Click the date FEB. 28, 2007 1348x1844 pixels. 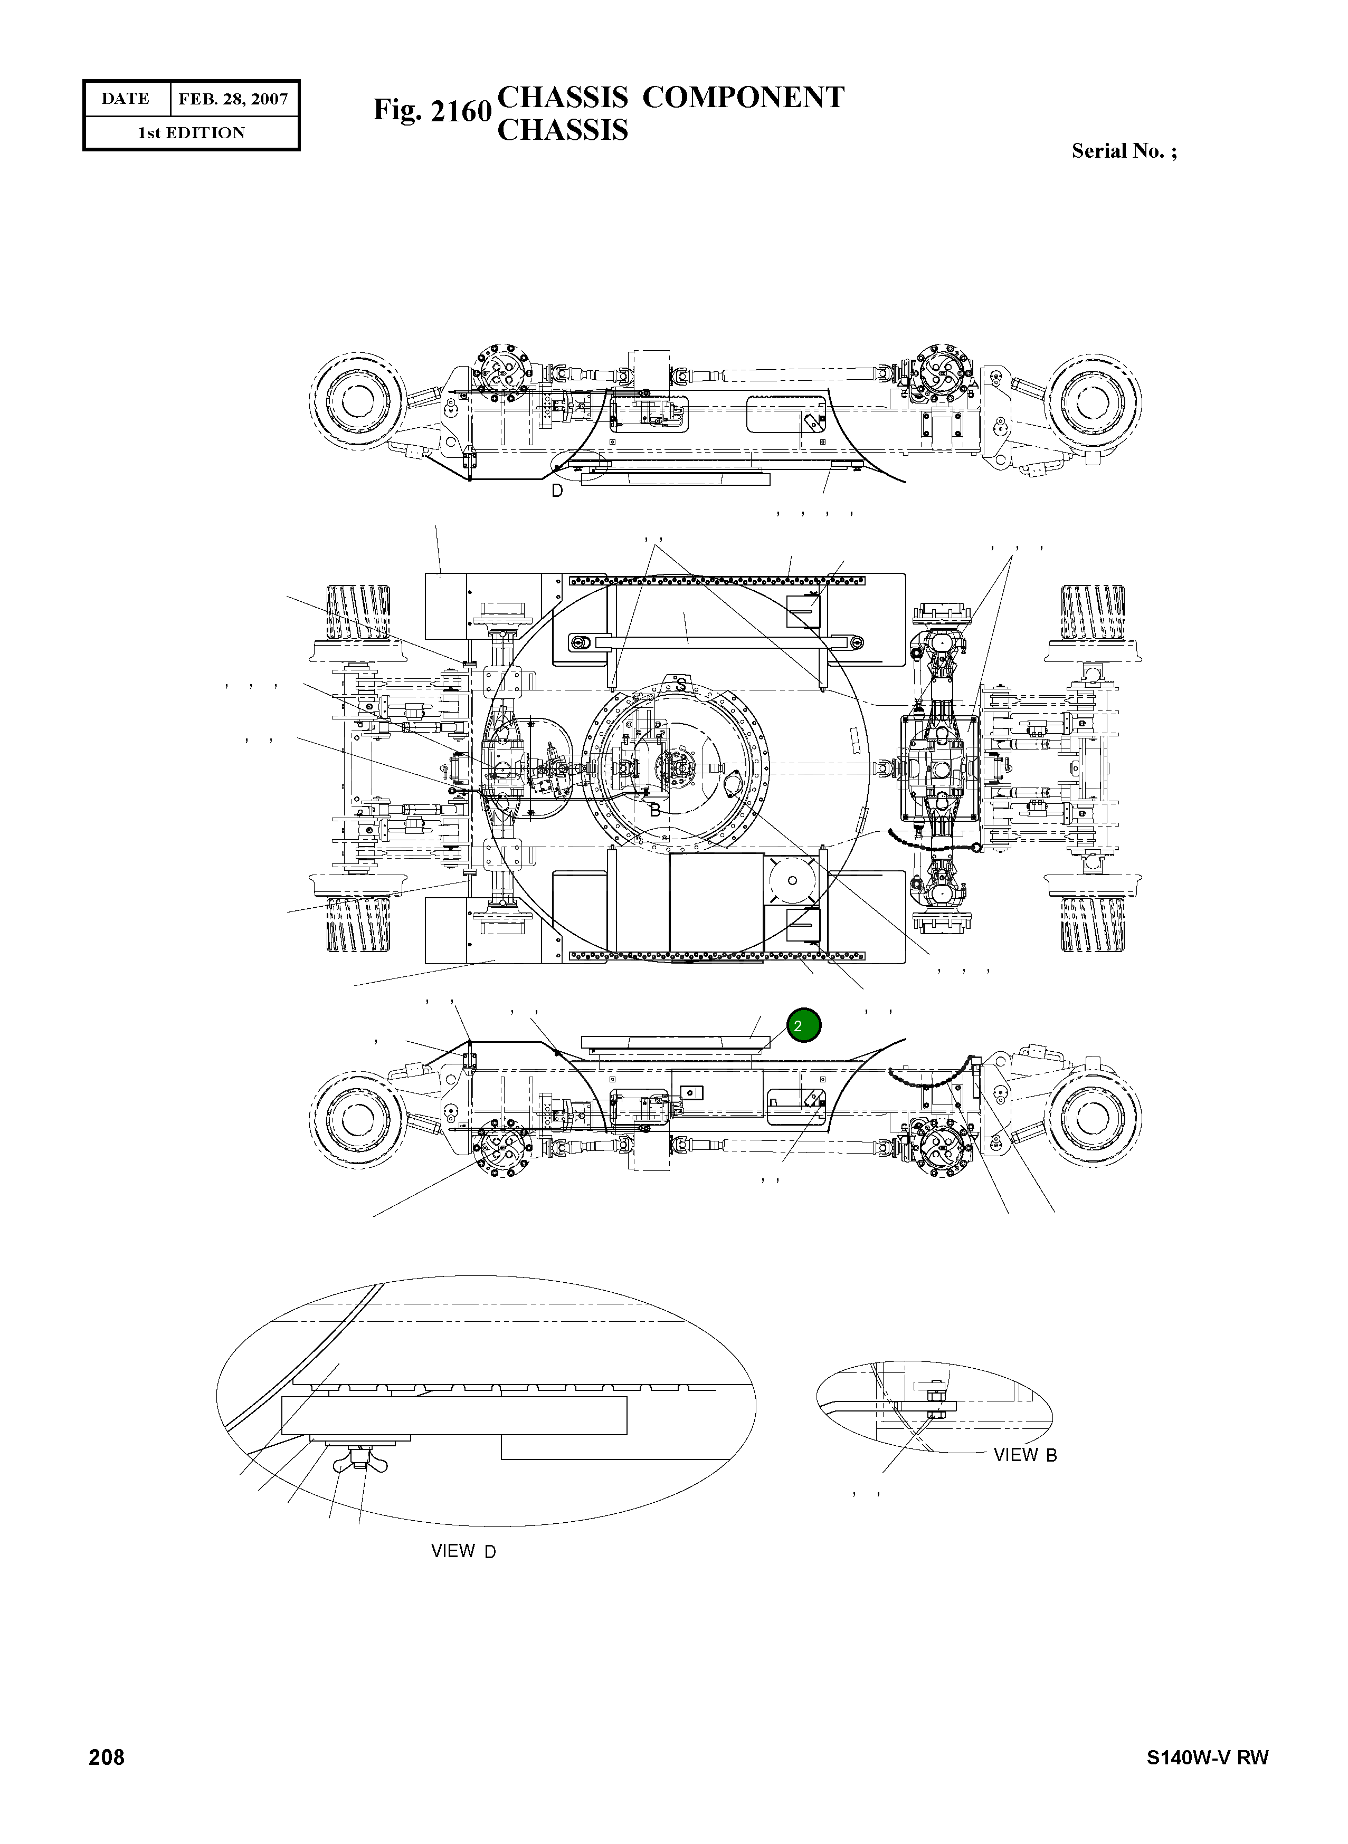[x=233, y=100]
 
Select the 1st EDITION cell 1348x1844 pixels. [x=191, y=133]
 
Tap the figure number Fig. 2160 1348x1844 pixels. [x=432, y=111]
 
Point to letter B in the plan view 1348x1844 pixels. [x=654, y=811]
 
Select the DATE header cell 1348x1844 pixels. [x=126, y=100]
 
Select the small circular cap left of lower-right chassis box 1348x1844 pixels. [x=792, y=880]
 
